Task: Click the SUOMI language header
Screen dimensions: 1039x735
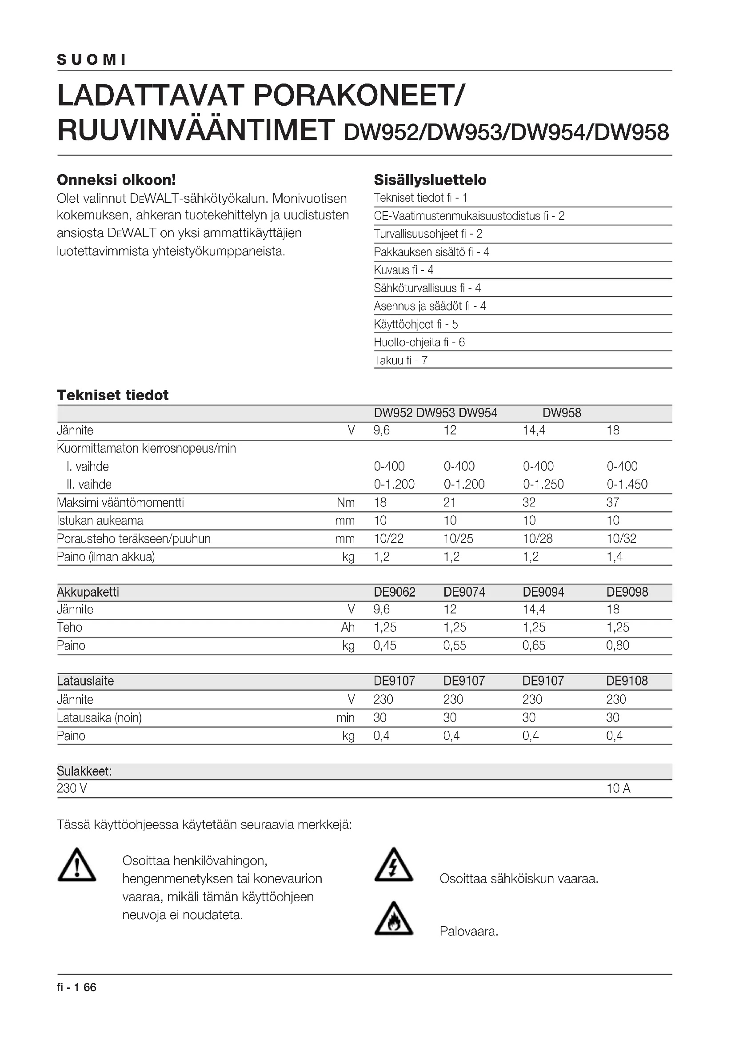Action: (92, 60)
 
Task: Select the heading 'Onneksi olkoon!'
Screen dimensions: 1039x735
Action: (116, 180)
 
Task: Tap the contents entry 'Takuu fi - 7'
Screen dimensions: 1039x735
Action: (400, 361)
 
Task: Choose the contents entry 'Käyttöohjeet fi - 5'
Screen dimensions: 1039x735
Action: (415, 324)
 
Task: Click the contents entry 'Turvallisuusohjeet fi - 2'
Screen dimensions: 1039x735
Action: (427, 234)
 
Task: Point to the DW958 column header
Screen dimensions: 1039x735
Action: (562, 413)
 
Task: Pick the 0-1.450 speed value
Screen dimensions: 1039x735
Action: (627, 484)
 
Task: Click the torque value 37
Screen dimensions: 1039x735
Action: (613, 502)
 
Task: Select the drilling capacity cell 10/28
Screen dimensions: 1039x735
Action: (538, 538)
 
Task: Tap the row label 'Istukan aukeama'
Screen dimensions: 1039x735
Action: (100, 521)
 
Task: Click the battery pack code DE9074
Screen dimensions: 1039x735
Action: (464, 592)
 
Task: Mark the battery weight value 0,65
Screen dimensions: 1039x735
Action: (534, 645)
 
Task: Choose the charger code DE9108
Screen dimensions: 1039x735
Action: (627, 681)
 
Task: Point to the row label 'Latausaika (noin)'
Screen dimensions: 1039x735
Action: (100, 718)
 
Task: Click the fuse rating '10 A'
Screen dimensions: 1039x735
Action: (618, 789)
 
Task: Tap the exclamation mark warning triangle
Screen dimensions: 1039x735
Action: (77, 865)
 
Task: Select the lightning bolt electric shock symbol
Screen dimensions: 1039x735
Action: (394, 865)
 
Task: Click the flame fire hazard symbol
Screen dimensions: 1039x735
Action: (394, 919)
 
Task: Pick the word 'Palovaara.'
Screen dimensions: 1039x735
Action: (469, 932)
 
